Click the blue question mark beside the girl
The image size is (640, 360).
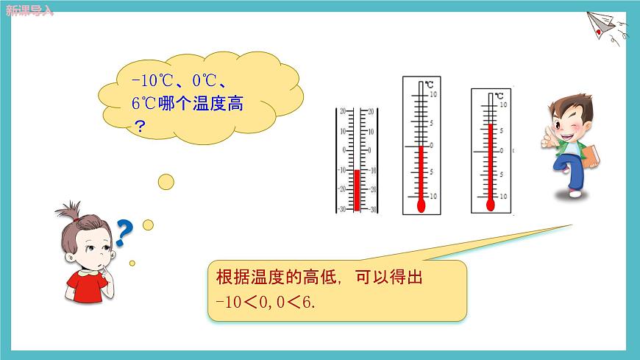coord(124,234)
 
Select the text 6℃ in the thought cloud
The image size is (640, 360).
coord(145,104)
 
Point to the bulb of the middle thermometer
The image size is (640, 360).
coord(421,205)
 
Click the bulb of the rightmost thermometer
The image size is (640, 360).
coord(489,205)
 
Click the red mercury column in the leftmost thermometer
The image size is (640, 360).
coord(357,190)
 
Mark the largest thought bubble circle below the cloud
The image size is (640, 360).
coord(166,181)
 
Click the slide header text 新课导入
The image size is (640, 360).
coord(29,10)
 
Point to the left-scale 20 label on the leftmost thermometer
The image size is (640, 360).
coord(342,111)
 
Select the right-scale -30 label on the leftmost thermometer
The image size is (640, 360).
coord(372,209)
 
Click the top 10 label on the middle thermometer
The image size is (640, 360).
coord(433,95)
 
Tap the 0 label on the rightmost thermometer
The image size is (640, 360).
coord(502,150)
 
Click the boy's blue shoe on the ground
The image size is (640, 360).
coord(575,193)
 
